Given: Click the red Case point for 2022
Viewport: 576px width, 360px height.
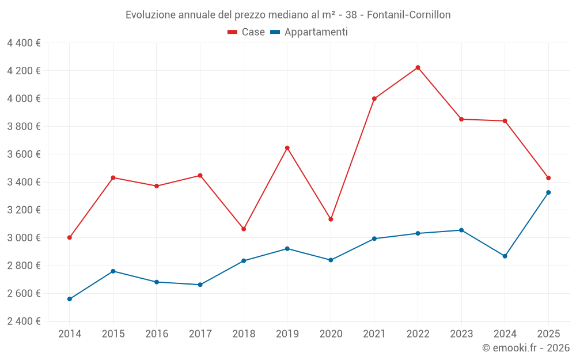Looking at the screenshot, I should coord(418,67).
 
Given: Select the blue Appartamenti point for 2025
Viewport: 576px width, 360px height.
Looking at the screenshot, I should coord(548,192).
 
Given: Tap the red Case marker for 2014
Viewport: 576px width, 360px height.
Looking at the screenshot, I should coord(70,237).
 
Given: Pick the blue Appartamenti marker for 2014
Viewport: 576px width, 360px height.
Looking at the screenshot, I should coord(70,299).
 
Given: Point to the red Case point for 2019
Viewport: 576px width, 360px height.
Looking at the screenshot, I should coord(287,148).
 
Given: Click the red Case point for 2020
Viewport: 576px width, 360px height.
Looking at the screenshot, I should coord(331,219).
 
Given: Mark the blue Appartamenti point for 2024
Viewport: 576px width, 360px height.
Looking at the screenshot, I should coord(505,256).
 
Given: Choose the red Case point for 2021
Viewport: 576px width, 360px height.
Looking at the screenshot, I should coord(374,98).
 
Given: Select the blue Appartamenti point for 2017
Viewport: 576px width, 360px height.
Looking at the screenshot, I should coord(200,285).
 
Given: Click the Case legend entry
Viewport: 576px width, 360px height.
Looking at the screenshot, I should coord(247,32).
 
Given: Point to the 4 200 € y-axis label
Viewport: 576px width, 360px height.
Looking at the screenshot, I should coord(24,71).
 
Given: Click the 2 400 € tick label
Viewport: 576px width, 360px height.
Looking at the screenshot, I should coord(24,321).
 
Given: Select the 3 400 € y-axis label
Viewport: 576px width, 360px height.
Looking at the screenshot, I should coord(24,182).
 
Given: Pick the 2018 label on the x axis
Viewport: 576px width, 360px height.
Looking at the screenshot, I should coord(244,334).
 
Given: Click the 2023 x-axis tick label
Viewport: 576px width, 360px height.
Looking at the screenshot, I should coord(461,334).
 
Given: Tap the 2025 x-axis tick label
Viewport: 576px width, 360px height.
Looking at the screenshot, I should coord(548,334).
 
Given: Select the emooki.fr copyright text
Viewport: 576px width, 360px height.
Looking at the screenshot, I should coord(526,348).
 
